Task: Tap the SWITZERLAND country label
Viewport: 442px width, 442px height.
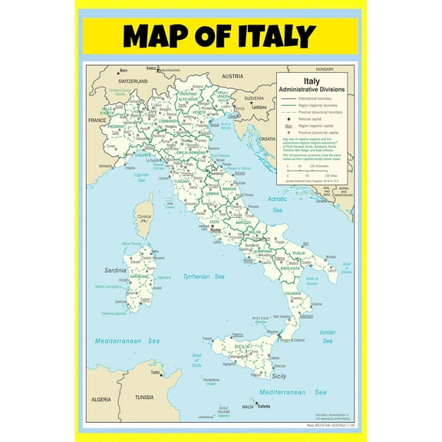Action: point(132,81)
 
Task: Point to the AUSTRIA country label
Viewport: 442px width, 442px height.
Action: point(232,77)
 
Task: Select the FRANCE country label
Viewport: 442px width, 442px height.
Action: point(97,120)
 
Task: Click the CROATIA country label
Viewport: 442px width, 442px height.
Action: point(267,139)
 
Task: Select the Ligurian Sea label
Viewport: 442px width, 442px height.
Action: point(142,177)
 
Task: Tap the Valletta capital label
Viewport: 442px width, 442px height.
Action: point(264,406)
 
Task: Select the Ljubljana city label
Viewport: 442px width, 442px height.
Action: point(259,107)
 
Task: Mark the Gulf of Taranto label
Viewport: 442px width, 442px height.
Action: point(312,281)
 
